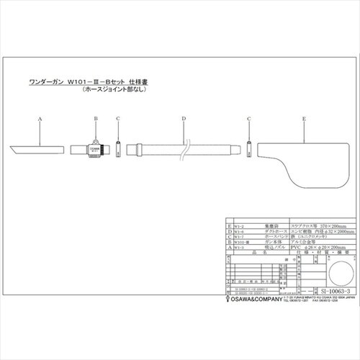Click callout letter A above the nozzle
pyautogui.click(x=40, y=118)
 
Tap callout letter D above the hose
pyautogui.click(x=184, y=118)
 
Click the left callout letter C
pyautogui.click(x=118, y=118)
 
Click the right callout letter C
pyautogui.click(x=248, y=118)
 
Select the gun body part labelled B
pyautogui.click(x=93, y=150)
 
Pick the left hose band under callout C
pyautogui.click(x=119, y=150)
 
